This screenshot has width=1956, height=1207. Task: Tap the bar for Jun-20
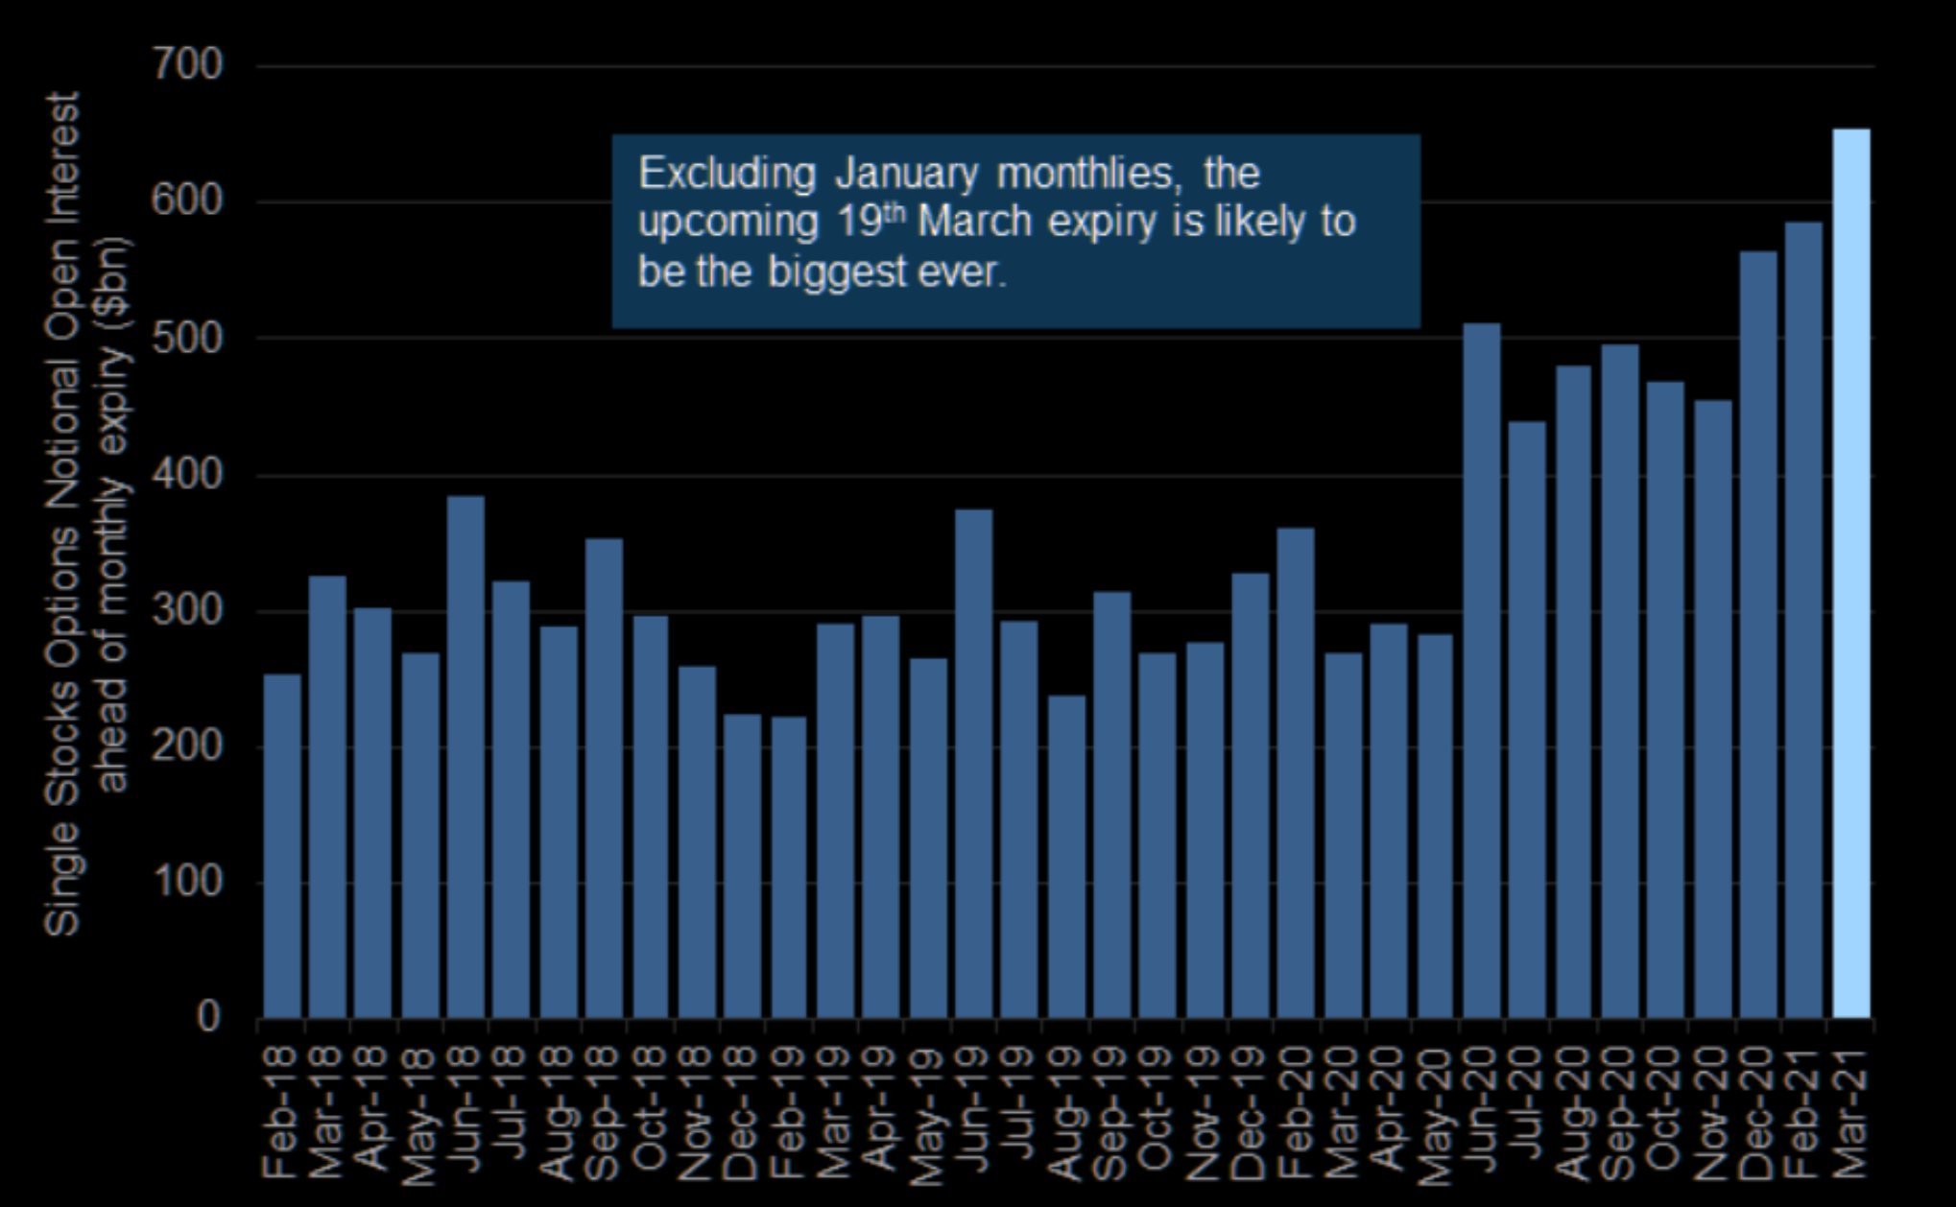click(1481, 671)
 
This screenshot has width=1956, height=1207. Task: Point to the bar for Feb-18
click(281, 845)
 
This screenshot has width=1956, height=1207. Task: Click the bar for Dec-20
click(1757, 634)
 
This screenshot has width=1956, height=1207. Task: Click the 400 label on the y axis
click(186, 475)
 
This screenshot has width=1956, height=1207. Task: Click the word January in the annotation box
click(906, 175)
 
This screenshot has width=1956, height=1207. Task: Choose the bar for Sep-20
click(1619, 681)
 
